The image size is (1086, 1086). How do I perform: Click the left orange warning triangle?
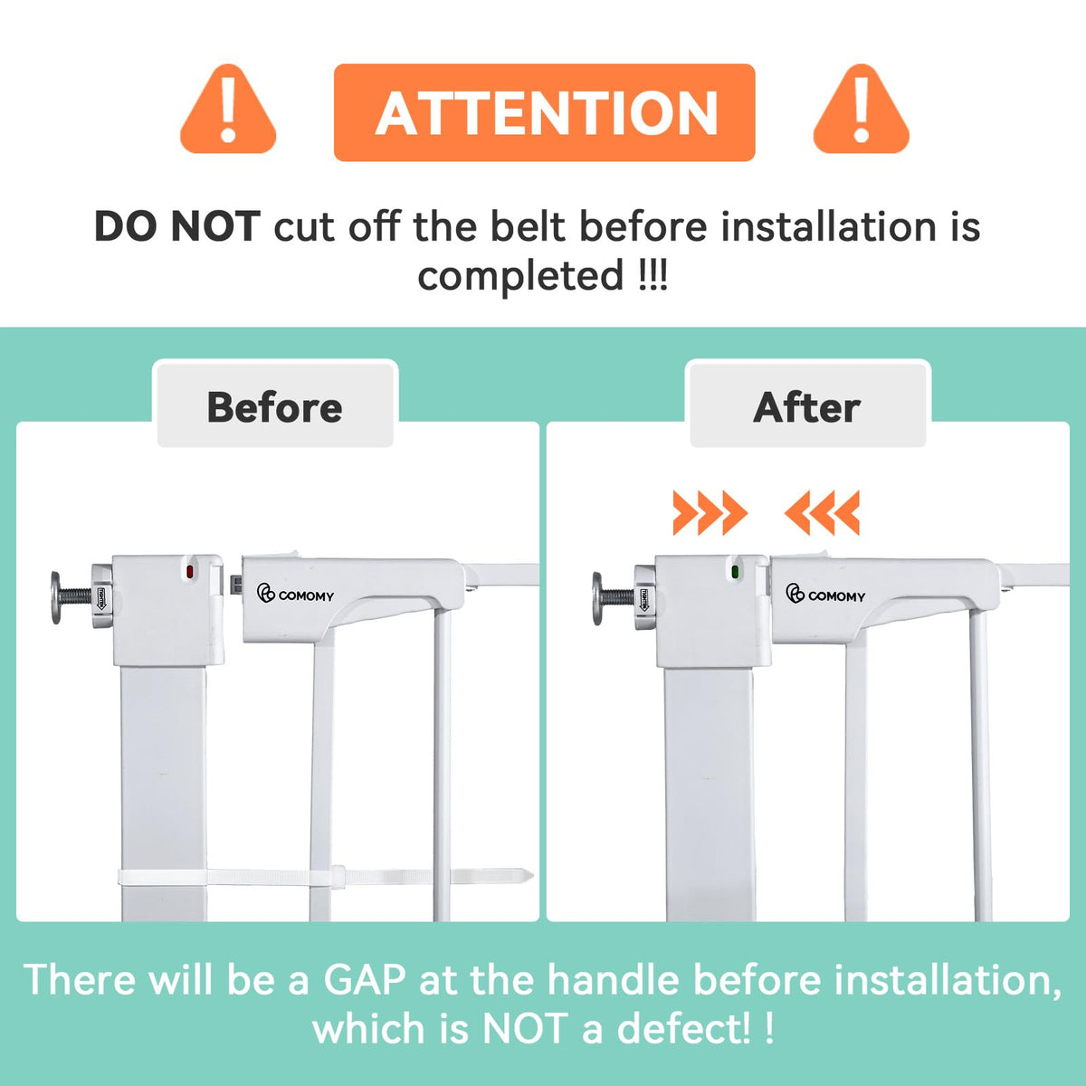coord(228,110)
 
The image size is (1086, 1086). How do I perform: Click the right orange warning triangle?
coord(861,110)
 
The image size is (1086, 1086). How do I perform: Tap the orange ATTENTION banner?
coord(545,112)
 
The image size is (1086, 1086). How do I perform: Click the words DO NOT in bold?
coord(177,226)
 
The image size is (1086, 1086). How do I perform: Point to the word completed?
coord(520,276)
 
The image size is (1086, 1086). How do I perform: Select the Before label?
coord(275,407)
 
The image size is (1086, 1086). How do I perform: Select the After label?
coord(807,407)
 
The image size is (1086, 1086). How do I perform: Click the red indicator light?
coord(189,572)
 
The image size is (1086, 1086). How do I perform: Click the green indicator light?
coord(735,572)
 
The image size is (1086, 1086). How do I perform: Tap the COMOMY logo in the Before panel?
coord(295,594)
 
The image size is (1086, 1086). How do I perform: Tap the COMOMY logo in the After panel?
coord(825,594)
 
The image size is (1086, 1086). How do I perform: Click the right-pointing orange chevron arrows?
coord(710,512)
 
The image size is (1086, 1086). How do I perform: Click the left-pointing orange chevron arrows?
coord(823,512)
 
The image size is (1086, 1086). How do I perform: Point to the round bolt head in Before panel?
coord(55,598)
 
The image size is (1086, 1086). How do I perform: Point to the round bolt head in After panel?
coord(597,598)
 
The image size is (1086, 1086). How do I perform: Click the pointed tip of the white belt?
coord(532,876)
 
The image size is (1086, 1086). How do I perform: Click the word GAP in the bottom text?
coord(364,980)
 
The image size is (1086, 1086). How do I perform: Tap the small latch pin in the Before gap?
coord(236,584)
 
